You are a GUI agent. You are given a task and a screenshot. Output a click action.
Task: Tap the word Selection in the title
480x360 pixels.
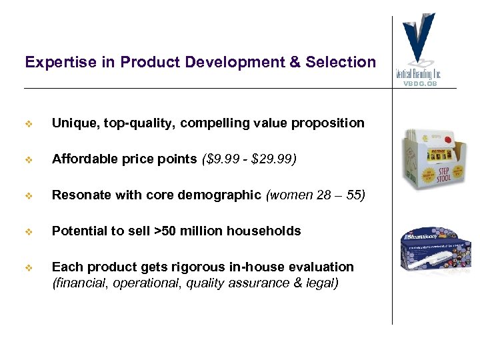(x=341, y=62)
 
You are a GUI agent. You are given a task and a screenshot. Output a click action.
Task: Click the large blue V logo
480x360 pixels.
(x=419, y=37)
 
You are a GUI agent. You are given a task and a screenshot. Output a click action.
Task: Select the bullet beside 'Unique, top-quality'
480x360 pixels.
(x=29, y=123)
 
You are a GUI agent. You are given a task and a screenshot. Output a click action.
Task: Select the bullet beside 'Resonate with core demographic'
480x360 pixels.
(x=29, y=195)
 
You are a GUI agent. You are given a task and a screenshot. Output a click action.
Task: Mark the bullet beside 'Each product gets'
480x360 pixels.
(x=29, y=267)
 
